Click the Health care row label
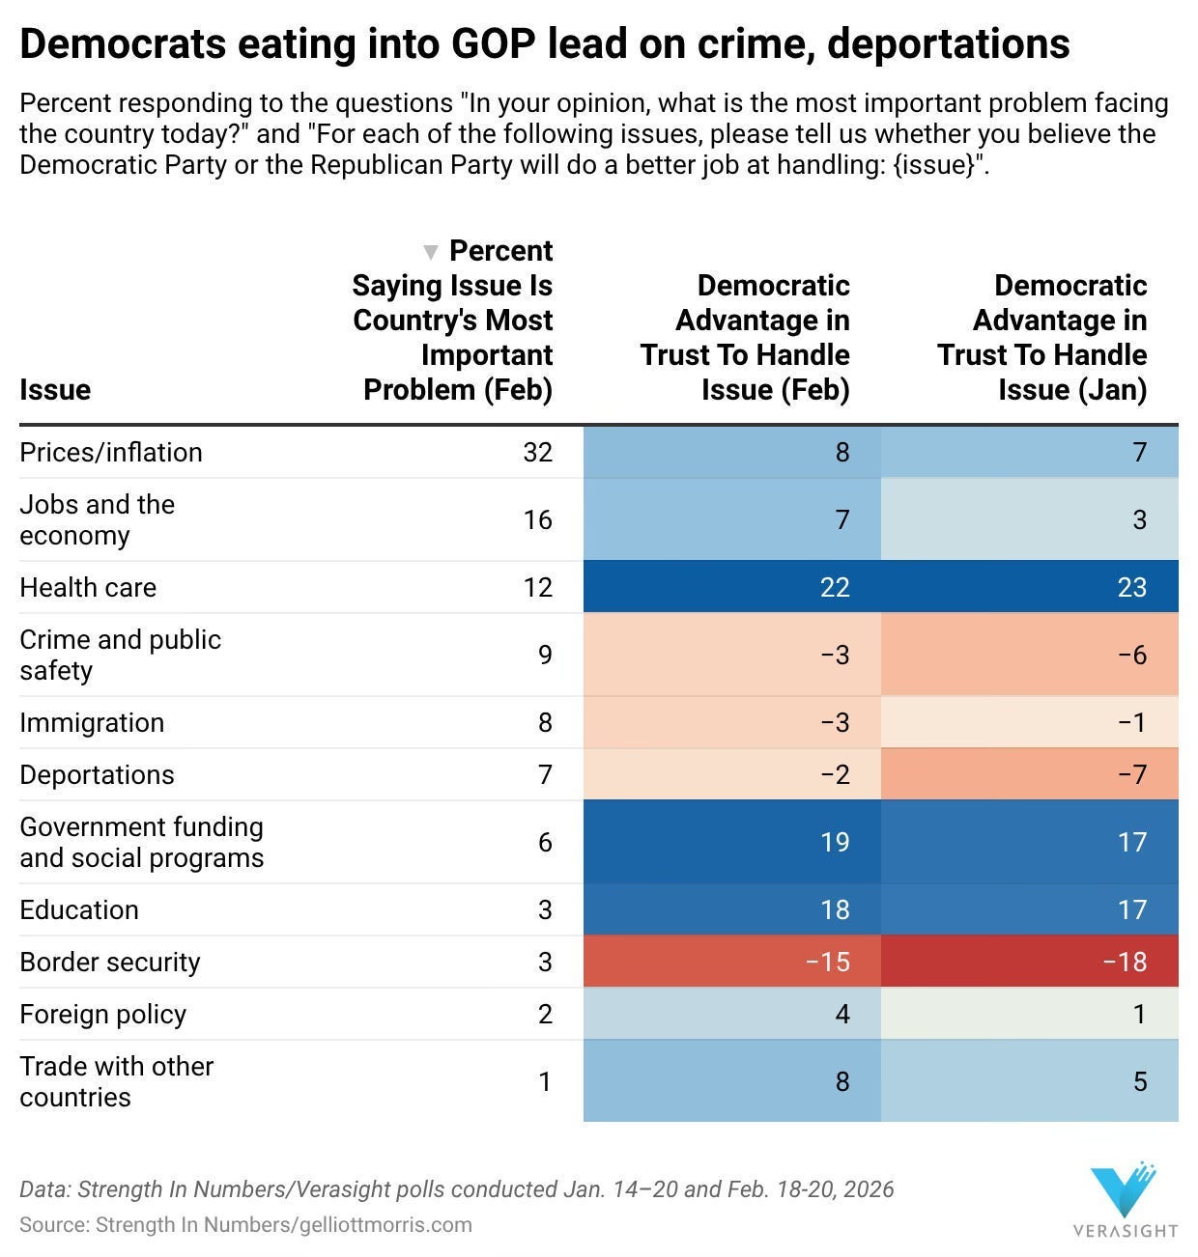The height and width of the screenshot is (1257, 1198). (x=88, y=587)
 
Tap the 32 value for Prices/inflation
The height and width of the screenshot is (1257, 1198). (x=537, y=452)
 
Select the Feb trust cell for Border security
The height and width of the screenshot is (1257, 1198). (x=731, y=962)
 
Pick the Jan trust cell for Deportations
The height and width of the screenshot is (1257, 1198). (x=1030, y=774)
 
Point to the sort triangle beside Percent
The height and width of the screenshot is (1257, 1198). (x=431, y=252)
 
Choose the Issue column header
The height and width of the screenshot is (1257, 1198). (x=55, y=389)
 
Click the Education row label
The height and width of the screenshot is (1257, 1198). (x=79, y=909)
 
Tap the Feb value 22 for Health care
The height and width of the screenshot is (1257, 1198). (x=834, y=587)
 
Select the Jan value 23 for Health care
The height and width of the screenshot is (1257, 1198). (x=1131, y=587)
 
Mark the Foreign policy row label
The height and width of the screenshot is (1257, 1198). (x=102, y=1014)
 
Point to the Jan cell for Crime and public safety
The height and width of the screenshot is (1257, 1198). (x=1030, y=655)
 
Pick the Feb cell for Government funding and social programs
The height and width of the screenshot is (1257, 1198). (x=731, y=842)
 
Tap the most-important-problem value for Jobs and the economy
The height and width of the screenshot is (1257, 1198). (x=537, y=519)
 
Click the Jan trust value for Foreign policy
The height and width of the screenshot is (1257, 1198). (x=1139, y=1014)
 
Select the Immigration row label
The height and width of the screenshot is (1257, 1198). (x=92, y=722)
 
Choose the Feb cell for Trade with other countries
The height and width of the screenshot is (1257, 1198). (x=731, y=1081)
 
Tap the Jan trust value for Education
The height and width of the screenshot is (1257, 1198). (x=1131, y=909)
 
